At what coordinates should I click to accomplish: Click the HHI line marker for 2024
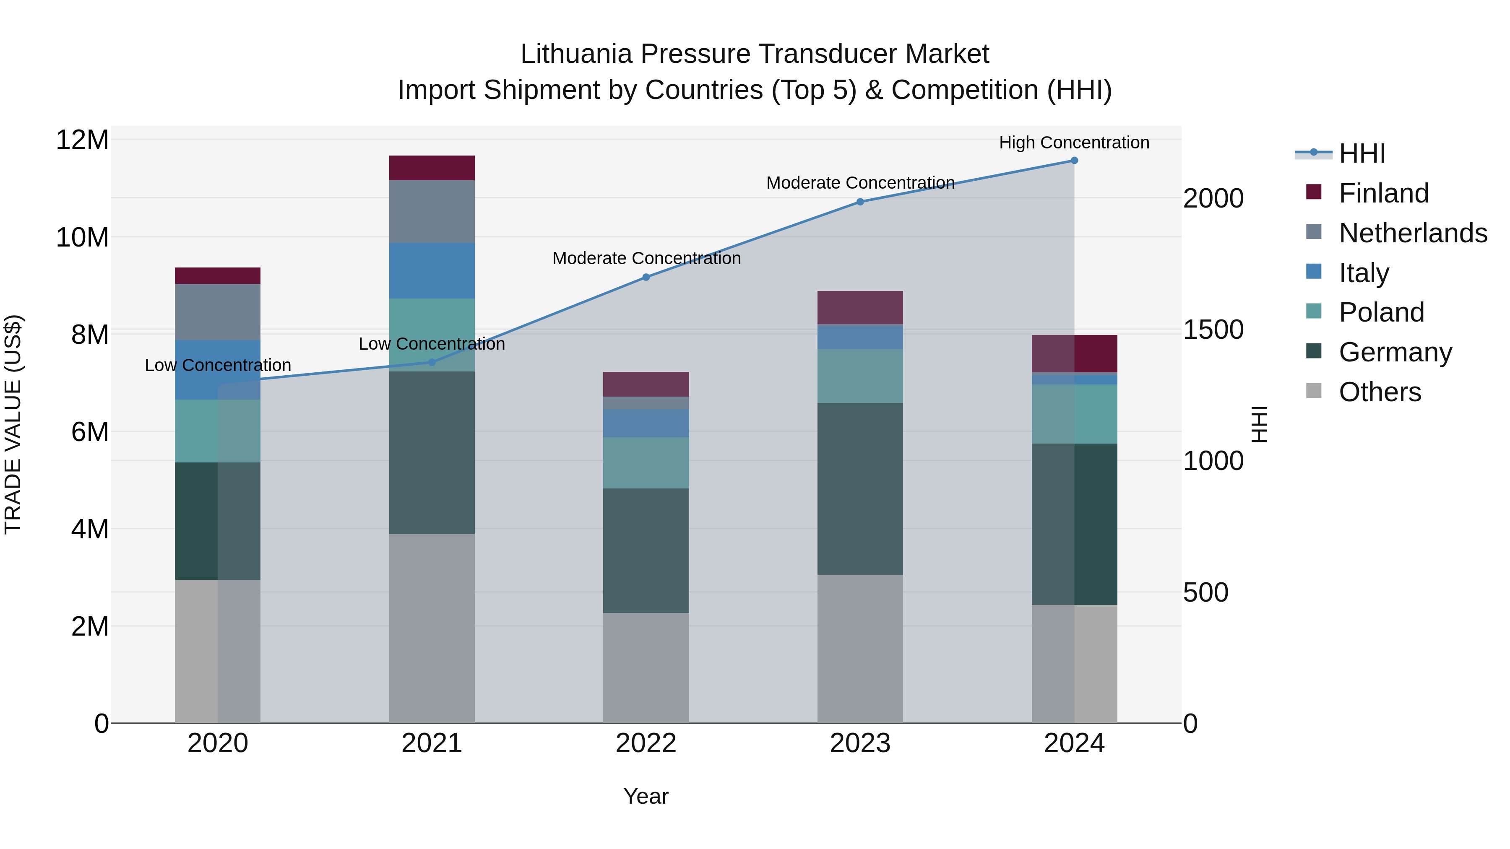[x=1074, y=161]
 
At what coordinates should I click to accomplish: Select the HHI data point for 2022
[x=646, y=277]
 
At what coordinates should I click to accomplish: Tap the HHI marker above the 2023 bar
[x=860, y=202]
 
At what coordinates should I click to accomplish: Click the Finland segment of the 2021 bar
[x=432, y=168]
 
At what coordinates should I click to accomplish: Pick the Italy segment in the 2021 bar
[x=432, y=271]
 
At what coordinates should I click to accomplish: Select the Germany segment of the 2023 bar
[x=860, y=489]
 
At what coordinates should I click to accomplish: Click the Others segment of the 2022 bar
[x=646, y=668]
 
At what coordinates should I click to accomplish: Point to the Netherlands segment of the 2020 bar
[x=217, y=312]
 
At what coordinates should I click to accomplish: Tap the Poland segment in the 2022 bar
[x=646, y=463]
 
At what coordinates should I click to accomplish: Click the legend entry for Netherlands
[x=1413, y=233]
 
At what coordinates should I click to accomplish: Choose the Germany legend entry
[x=1395, y=352]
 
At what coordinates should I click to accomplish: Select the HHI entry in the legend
[x=1361, y=153]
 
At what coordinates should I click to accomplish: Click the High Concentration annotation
[x=1074, y=143]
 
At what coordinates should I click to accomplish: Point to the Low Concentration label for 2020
[x=217, y=365]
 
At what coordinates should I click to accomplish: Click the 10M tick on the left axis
[x=82, y=238]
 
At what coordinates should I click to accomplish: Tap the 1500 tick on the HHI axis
[x=1213, y=330]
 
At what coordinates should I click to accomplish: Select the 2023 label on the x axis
[x=860, y=743]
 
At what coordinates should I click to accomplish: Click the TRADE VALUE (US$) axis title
[x=13, y=424]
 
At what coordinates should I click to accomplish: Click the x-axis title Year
[x=646, y=796]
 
